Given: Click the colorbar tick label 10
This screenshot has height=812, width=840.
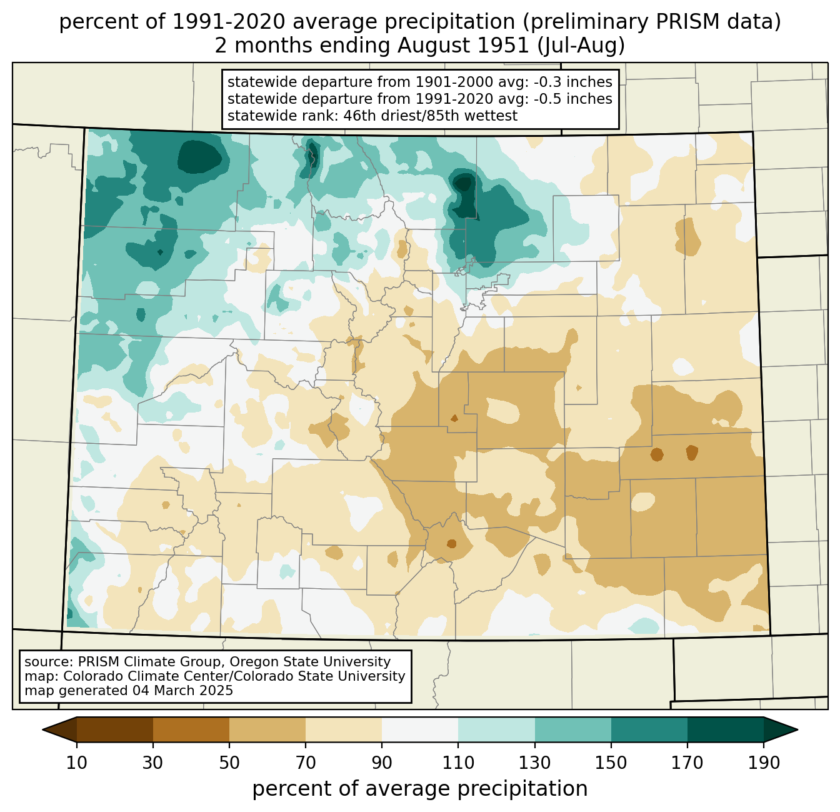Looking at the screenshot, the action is pyautogui.click(x=76, y=763).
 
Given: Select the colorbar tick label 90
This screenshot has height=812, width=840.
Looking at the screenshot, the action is pyautogui.click(x=382, y=763).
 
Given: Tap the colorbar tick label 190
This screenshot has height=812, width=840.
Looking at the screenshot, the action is pyautogui.click(x=764, y=763).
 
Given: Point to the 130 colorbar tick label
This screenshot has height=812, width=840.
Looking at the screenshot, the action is pyautogui.click(x=534, y=763).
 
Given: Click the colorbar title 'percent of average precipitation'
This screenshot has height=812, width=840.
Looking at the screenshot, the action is pyautogui.click(x=419, y=789).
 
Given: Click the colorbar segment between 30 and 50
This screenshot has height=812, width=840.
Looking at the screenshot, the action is pyautogui.click(x=191, y=729).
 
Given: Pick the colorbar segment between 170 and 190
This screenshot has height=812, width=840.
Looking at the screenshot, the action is pyautogui.click(x=725, y=729).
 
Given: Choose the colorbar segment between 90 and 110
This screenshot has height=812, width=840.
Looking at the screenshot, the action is pyautogui.click(x=420, y=729).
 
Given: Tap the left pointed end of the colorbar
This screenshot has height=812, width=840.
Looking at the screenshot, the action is pyautogui.click(x=42, y=729).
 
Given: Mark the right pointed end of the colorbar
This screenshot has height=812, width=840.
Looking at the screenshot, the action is pyautogui.click(x=797, y=729).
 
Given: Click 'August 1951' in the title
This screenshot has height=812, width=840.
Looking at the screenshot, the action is pyautogui.click(x=463, y=46).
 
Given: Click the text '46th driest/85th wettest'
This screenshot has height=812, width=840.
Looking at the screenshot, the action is pyautogui.click(x=430, y=116).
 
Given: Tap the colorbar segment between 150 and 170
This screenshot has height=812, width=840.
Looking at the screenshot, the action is pyautogui.click(x=649, y=729).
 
